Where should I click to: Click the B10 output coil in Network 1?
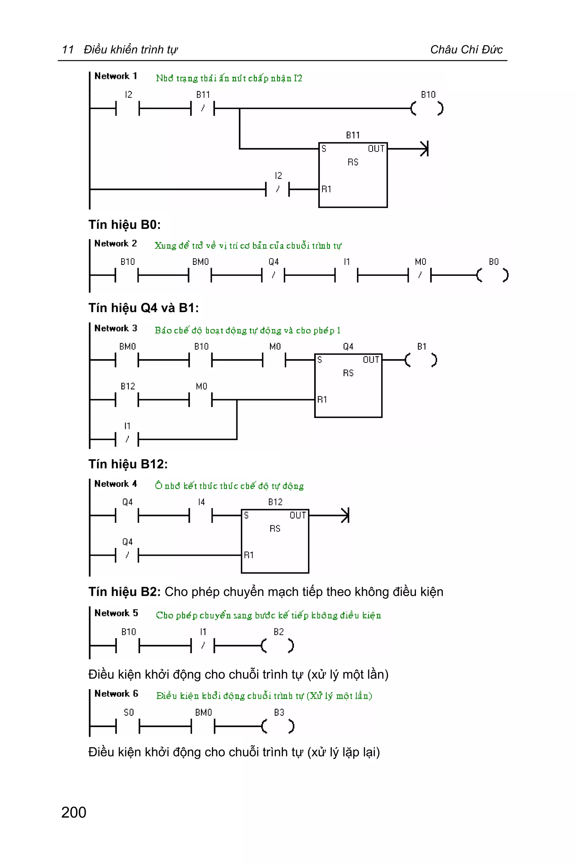point(427,108)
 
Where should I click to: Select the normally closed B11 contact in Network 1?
point(202,108)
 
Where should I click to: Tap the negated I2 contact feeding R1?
point(278,189)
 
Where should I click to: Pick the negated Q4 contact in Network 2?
point(273,275)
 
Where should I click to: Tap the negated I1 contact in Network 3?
point(127,439)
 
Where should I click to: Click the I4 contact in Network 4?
point(201,515)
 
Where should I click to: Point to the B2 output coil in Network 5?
point(278,645)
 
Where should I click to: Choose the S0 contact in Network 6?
point(128,726)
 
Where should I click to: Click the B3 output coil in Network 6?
point(278,726)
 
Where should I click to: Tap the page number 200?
point(74,812)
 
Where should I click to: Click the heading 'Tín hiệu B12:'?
point(128,464)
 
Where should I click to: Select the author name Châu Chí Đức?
point(466,49)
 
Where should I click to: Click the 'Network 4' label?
point(116,483)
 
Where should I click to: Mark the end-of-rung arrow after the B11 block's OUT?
point(424,149)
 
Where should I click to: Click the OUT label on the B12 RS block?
point(297,515)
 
